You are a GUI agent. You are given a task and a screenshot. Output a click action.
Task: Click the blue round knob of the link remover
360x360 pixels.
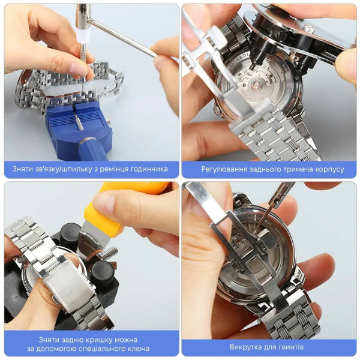point(92,149)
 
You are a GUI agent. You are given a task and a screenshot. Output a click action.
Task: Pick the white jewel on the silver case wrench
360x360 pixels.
point(308,28)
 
